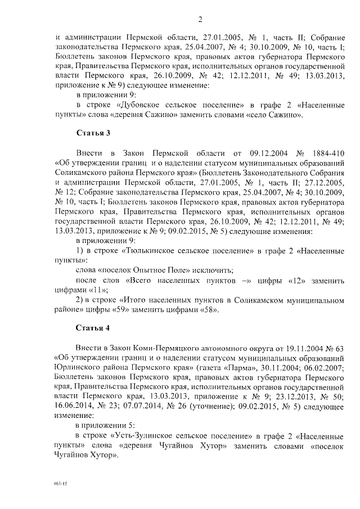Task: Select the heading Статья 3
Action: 92,133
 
